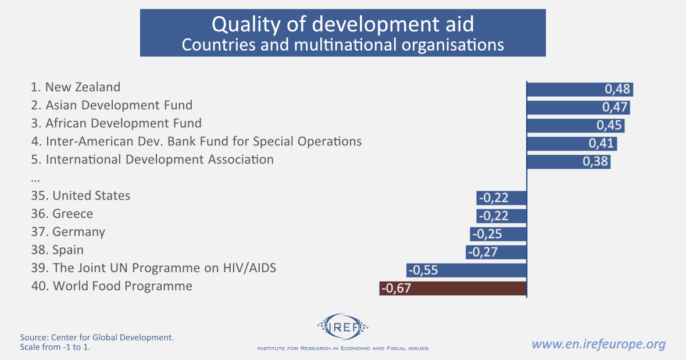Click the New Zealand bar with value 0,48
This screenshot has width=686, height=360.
coord(579,89)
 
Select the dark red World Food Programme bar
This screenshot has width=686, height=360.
coord(453,288)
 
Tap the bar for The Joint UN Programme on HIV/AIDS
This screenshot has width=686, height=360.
coord(466,270)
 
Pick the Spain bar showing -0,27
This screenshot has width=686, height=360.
coord(496,252)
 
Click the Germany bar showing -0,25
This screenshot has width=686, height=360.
coord(498,234)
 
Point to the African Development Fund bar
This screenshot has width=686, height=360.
coord(576,126)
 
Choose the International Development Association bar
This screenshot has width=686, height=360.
coord(569,162)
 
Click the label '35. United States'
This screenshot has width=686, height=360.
coord(81,195)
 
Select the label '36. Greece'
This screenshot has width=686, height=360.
coord(62,213)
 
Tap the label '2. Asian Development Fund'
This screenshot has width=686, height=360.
coord(112,105)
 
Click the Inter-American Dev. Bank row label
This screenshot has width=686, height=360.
coord(196,141)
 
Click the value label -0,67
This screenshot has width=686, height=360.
coord(396,288)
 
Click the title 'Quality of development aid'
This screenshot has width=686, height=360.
coord(342,24)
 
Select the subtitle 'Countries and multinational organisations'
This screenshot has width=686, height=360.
coord(342,45)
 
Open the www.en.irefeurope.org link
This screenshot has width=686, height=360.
coord(598,344)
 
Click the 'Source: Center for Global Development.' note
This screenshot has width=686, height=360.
coord(97,337)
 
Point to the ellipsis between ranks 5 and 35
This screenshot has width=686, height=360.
coord(35,177)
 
